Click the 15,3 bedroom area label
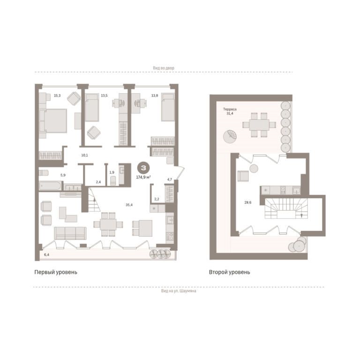57,96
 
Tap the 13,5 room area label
104,96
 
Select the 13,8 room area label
155,96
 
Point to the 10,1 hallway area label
84,155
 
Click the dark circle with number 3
143,168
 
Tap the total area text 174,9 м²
143,177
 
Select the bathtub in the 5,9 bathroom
50,186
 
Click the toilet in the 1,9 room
113,180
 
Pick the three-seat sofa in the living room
70,233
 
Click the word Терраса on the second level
230,109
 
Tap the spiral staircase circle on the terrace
230,136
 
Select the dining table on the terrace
259,125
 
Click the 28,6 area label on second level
247,202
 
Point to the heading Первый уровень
56,272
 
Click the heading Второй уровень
229,272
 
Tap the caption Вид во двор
164,68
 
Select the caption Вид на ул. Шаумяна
179,291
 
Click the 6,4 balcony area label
46,255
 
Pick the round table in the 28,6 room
254,169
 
